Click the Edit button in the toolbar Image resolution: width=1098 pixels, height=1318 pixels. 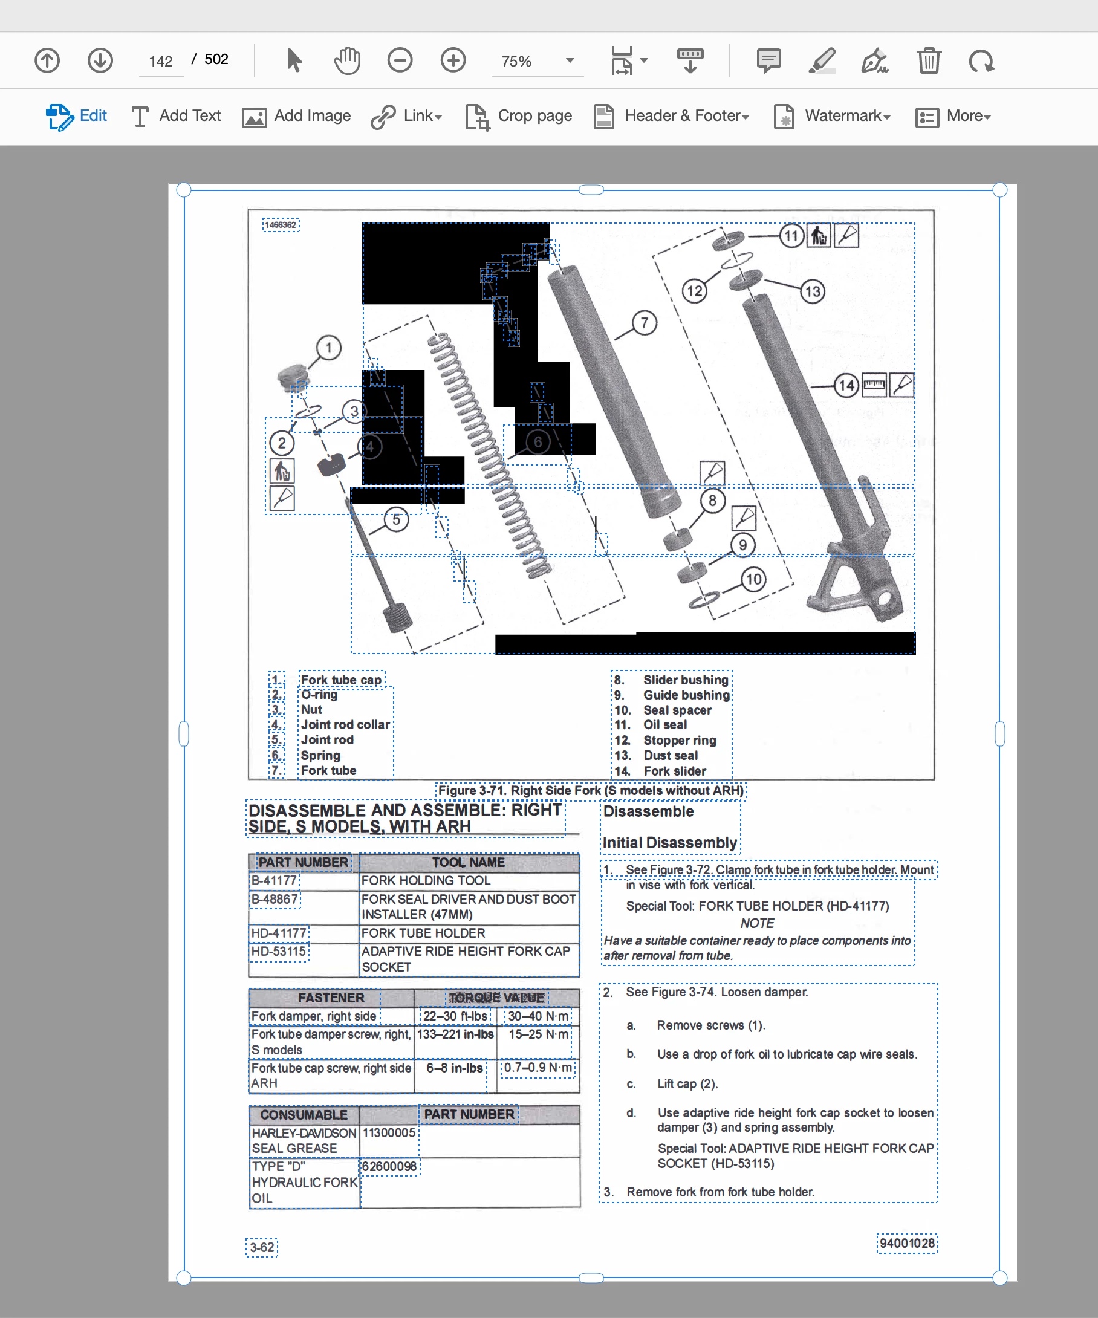pos(77,116)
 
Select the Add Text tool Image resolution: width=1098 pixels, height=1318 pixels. pos(176,116)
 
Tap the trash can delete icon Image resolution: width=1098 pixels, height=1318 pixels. pos(929,61)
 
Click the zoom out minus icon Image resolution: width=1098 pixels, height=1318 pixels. pos(400,61)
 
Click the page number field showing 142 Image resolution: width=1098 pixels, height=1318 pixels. pos(161,61)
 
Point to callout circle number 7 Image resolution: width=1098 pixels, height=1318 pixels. pos(644,323)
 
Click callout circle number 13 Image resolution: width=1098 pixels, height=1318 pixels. pos(813,291)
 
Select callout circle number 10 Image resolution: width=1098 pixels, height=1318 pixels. pos(753,579)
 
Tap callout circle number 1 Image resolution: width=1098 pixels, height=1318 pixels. pos(328,347)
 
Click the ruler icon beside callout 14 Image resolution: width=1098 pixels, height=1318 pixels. pos(874,385)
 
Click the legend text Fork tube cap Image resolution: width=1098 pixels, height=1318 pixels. pos(341,680)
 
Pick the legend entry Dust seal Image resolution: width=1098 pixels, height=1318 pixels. pos(671,756)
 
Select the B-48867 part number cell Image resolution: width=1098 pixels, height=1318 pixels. pos(275,900)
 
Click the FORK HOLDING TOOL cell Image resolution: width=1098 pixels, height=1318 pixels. pos(426,880)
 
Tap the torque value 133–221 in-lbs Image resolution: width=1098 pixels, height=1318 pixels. pos(455,1034)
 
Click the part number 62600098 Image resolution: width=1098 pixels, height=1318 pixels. pos(389,1167)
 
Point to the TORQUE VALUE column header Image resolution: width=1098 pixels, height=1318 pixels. pos(496,998)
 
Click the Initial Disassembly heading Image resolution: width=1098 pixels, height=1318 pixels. pos(670,843)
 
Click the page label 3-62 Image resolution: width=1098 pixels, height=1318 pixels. pos(262,1248)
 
